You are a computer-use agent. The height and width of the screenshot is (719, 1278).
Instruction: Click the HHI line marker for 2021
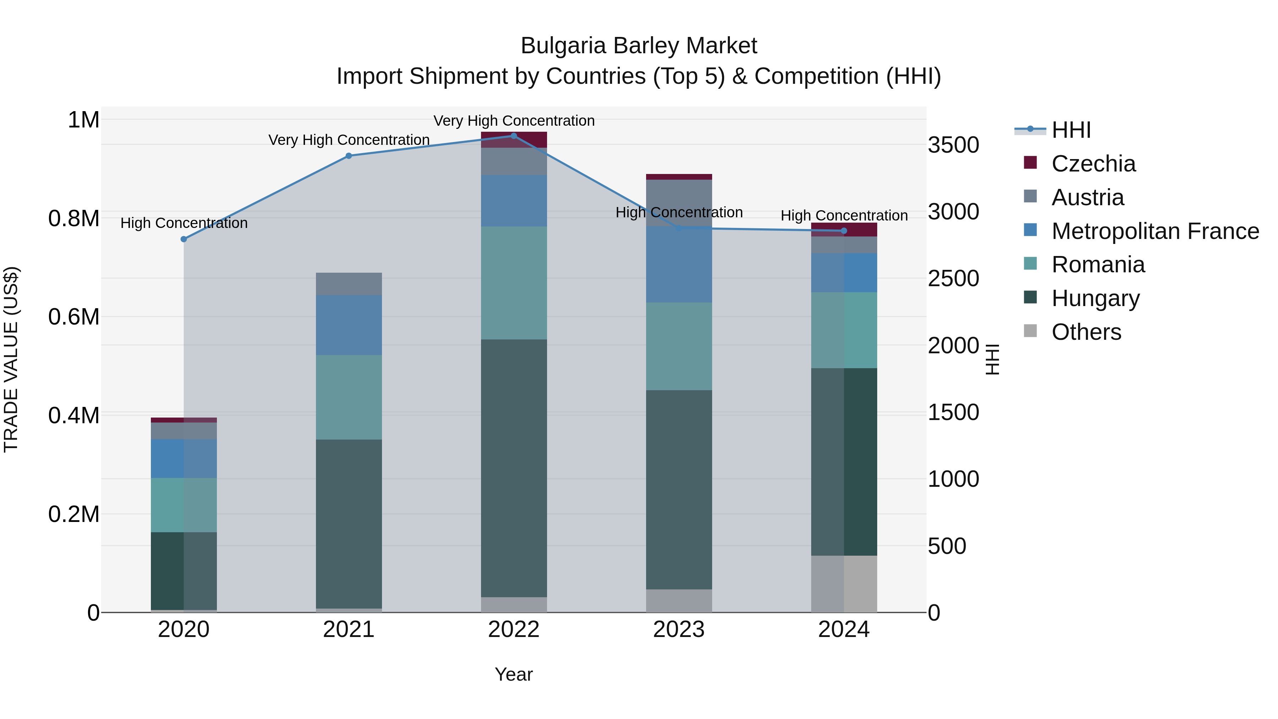(348, 156)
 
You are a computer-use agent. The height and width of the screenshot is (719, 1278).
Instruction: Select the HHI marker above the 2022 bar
(513, 136)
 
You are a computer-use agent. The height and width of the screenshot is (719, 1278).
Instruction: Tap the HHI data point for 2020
(184, 239)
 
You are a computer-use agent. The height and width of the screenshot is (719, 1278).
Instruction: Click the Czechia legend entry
(1093, 164)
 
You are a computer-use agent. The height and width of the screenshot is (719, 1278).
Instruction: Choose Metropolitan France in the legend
(1155, 231)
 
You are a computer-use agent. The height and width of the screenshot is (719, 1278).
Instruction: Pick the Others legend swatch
(1031, 331)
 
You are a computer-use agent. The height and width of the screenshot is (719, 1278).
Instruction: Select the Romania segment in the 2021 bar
(348, 397)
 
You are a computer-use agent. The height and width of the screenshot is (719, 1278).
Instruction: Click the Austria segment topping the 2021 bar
(348, 284)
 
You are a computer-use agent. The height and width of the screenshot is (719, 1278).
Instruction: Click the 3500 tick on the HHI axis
(953, 145)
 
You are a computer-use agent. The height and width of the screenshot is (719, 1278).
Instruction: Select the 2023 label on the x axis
(679, 630)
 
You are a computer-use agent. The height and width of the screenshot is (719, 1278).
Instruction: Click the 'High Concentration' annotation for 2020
(184, 223)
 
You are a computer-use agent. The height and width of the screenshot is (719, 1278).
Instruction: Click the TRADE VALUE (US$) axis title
(11, 359)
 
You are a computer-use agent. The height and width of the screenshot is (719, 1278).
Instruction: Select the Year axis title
(513, 674)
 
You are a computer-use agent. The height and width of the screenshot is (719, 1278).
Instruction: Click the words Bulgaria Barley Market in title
(639, 46)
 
